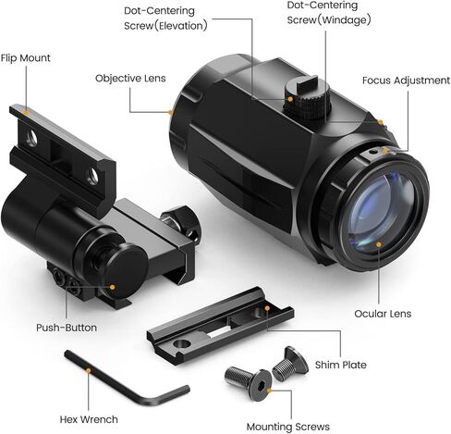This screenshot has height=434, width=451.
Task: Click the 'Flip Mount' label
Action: tap(25, 58)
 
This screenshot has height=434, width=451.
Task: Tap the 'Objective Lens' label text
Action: tap(130, 79)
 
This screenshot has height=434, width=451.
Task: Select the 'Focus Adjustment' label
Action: tap(406, 81)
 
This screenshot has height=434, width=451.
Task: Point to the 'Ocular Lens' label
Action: tap(383, 314)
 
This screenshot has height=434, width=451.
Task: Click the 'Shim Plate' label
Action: tap(340, 365)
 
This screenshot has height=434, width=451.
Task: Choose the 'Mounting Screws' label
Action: tap(288, 427)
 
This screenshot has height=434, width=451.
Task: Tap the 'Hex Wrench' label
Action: tap(89, 419)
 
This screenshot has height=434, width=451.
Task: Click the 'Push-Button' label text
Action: tap(67, 328)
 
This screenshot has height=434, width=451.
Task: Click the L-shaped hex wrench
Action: tap(127, 378)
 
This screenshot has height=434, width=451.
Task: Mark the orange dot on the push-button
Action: tap(113, 287)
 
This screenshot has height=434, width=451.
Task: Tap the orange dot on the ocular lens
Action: tap(379, 244)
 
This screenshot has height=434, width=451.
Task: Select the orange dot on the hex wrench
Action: tap(89, 370)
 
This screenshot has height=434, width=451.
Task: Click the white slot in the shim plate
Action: tap(218, 332)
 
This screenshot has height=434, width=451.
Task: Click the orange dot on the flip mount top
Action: tap(26, 112)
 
